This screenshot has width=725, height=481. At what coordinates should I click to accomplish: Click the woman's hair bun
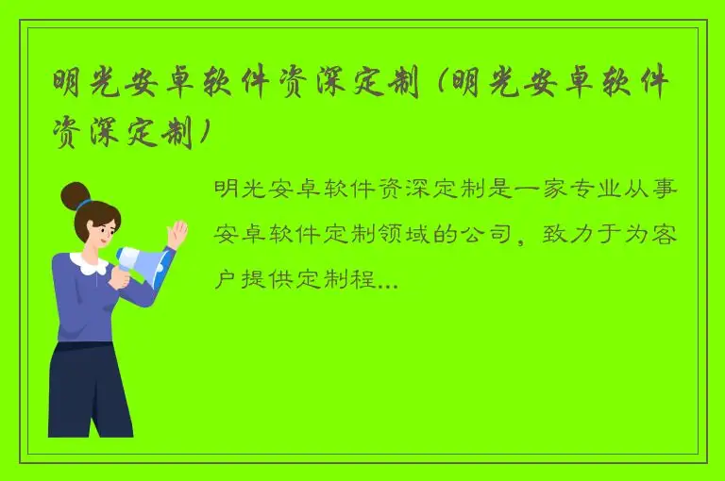[x=74, y=195]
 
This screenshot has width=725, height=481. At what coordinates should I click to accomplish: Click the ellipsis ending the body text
[x=386, y=279]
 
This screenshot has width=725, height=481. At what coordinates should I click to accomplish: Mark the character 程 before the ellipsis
[x=362, y=279]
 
